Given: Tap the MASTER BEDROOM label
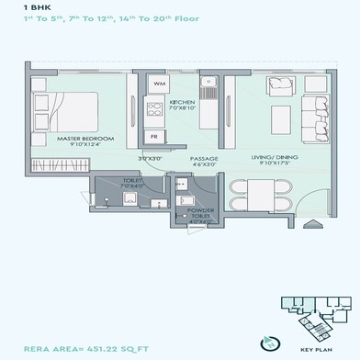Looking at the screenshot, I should point(84,138).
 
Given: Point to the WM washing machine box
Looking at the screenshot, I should point(159,84).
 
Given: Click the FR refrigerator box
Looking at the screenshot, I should point(154,136).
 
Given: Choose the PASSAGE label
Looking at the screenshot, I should point(205,158).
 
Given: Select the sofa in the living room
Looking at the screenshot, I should point(280,85).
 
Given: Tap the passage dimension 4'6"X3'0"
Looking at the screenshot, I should point(205,165).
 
